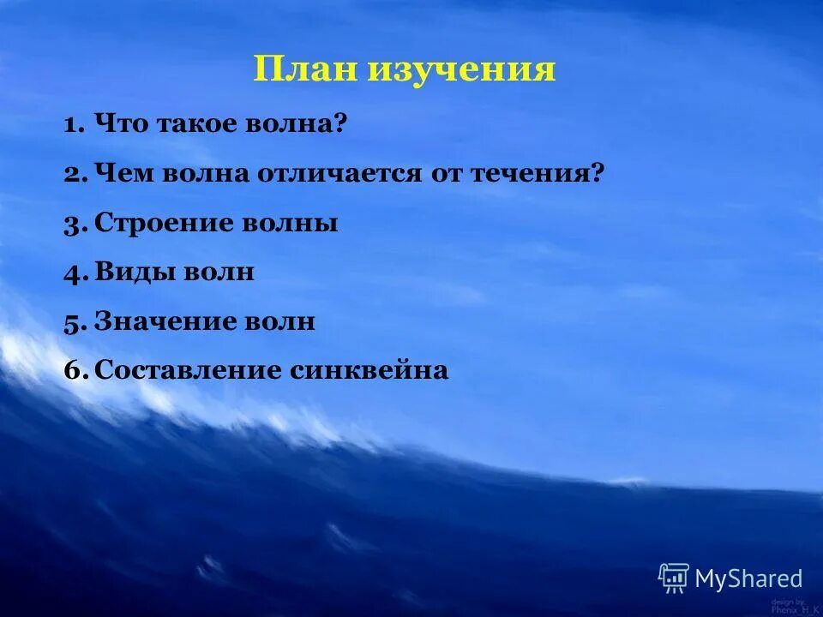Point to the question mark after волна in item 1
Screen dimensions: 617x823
click(339, 125)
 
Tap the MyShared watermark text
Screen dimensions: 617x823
click(748, 579)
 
